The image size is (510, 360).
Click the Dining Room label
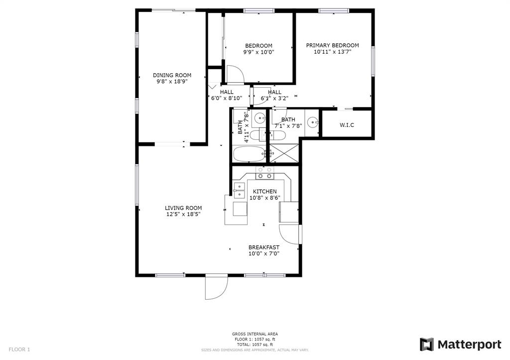tap(172, 76)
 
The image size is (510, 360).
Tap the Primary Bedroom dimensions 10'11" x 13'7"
tap(332, 52)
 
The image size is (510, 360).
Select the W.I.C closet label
tap(347, 125)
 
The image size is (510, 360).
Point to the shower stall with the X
tap(283, 153)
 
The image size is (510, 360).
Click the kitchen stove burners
tap(265, 173)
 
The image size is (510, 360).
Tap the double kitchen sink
tap(239, 190)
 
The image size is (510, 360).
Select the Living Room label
tap(183, 208)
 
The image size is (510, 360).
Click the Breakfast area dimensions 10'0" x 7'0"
tap(264, 253)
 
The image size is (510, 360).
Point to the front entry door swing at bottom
tap(216, 287)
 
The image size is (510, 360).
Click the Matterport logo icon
tap(426, 345)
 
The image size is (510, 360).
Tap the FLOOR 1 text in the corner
tap(19, 350)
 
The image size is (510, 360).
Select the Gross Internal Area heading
tap(255, 334)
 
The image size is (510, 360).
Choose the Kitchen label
tap(265, 192)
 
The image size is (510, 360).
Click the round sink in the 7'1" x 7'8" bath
tap(313, 122)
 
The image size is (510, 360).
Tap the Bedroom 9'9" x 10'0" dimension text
tap(259, 52)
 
